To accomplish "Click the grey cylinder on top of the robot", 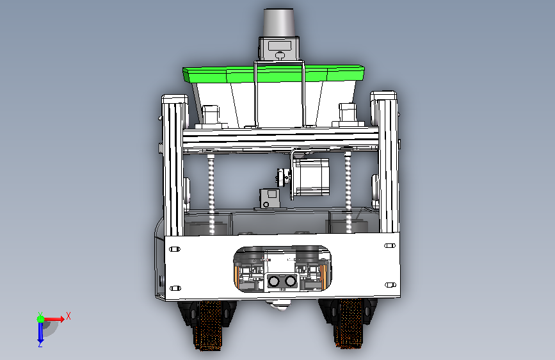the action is tap(279, 22).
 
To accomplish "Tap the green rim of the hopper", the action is tap(273, 74).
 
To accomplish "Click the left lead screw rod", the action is tap(212, 193).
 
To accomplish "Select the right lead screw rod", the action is tap(348, 192).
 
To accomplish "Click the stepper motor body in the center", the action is tap(312, 177).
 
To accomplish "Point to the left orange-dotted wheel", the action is tap(209, 325).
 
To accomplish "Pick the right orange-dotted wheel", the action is tap(350, 322).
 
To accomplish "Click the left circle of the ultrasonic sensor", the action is tap(274, 281).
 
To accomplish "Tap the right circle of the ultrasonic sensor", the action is tap(290, 281).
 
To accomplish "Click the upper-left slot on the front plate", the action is tap(175, 249).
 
